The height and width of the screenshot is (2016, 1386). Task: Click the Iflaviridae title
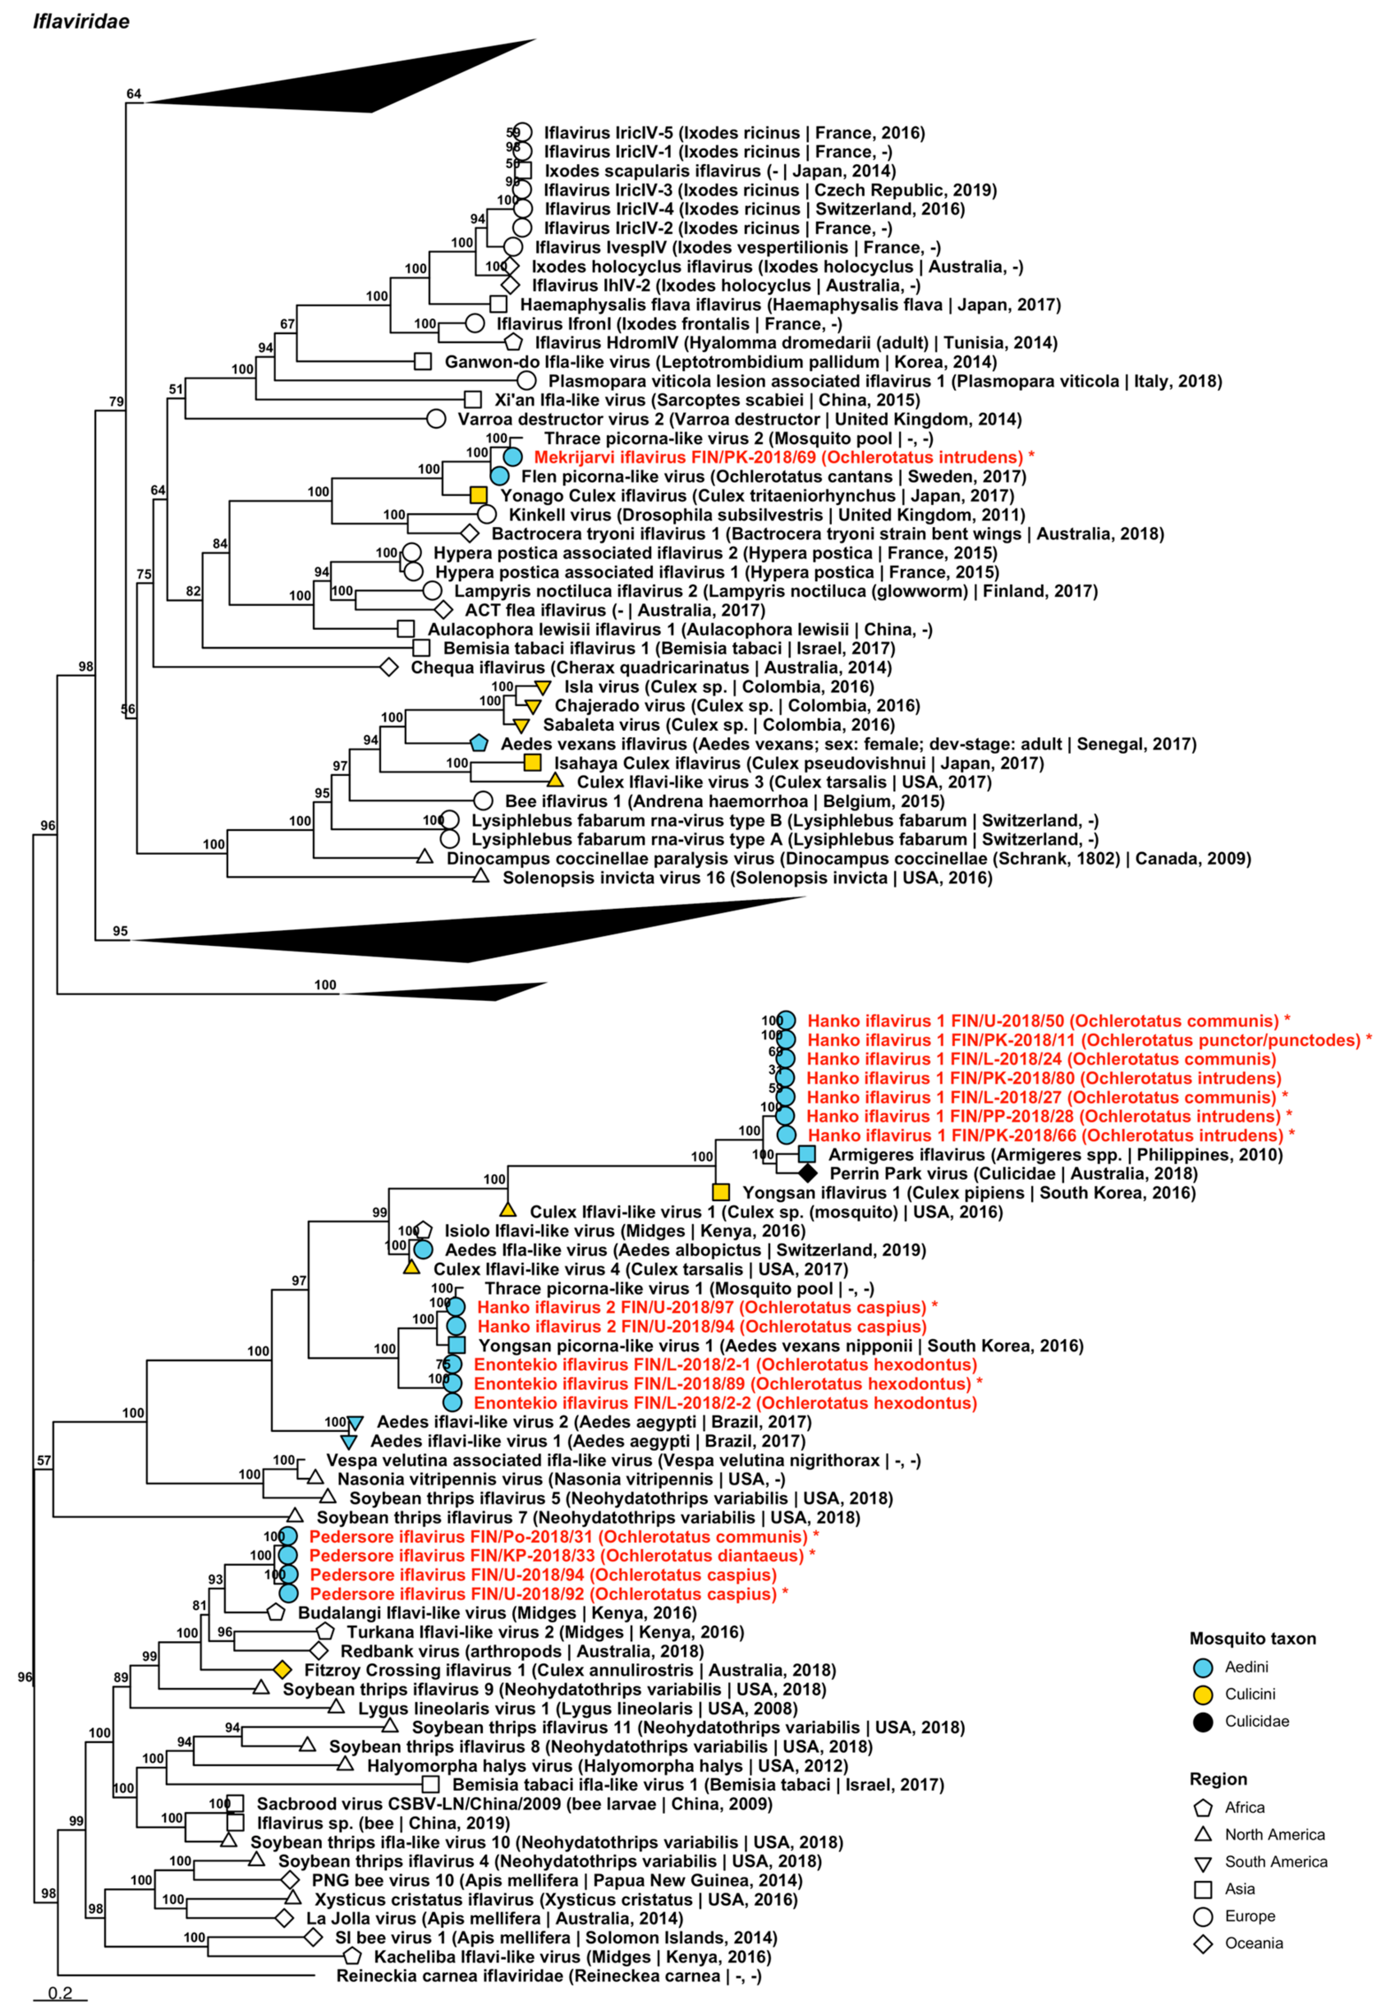(81, 21)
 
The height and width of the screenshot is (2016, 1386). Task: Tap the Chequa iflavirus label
(650, 667)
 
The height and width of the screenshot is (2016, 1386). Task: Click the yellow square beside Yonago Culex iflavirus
(477, 495)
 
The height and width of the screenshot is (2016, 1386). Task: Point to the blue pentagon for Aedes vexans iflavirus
(477, 743)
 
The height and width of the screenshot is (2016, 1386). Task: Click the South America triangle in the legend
(1203, 1863)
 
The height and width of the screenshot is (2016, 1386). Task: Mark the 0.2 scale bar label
(60, 1993)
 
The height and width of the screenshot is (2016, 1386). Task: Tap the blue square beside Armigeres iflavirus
(807, 1154)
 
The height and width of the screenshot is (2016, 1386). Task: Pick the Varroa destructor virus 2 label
(739, 420)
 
